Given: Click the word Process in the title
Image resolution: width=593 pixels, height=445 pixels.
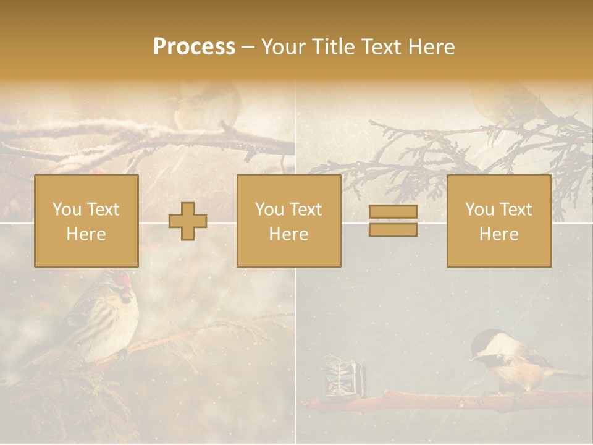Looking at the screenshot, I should point(194,47).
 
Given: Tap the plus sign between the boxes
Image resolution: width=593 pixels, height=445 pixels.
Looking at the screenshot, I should point(188,221).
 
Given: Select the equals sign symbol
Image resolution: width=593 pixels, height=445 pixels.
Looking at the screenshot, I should point(393,221).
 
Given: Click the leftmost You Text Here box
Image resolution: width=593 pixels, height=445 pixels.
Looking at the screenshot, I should point(86,221).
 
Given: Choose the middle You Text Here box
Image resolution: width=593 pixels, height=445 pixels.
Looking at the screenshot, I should point(288,221).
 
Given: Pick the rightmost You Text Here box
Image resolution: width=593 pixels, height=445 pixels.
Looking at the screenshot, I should point(498,221).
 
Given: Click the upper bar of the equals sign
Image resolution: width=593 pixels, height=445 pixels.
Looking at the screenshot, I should point(393,212).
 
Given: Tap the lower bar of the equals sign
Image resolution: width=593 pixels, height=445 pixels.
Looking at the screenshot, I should point(393,229).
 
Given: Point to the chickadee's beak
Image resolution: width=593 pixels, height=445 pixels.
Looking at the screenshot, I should point(473,357).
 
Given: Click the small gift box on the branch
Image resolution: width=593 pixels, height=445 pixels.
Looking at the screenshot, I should point(340,375).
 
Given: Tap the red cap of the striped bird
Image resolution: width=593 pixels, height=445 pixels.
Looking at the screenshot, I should point(125,279).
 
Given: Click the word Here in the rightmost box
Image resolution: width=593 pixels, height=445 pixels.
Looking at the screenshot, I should point(498,234).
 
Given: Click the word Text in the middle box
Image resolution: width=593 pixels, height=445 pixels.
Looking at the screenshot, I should point(306,210).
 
